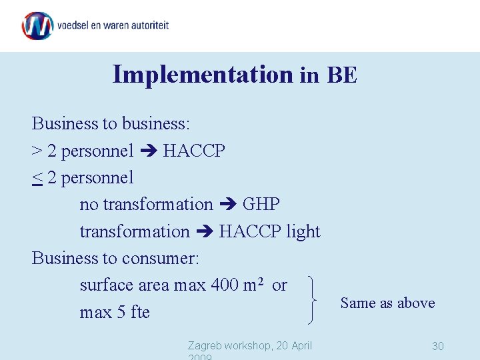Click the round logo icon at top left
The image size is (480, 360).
pyautogui.click(x=37, y=26)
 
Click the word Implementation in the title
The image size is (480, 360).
pyautogui.click(x=203, y=74)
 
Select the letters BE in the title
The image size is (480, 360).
pyautogui.click(x=342, y=75)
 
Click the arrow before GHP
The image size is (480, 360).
pyautogui.click(x=228, y=205)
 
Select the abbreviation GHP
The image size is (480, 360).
pyautogui.click(x=261, y=204)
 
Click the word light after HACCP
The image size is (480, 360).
pyautogui.click(x=303, y=231)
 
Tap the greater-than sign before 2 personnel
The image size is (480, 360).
pyautogui.click(x=37, y=151)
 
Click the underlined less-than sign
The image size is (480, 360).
pyautogui.click(x=37, y=178)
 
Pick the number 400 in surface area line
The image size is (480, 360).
pyautogui.click(x=225, y=285)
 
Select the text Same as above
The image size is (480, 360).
pyautogui.click(x=387, y=303)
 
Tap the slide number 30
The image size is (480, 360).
pyautogui.click(x=437, y=346)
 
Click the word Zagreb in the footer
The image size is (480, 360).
pyautogui.click(x=205, y=345)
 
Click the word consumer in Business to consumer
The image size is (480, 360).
pyautogui.click(x=161, y=258)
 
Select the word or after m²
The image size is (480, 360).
pyautogui.click(x=279, y=285)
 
